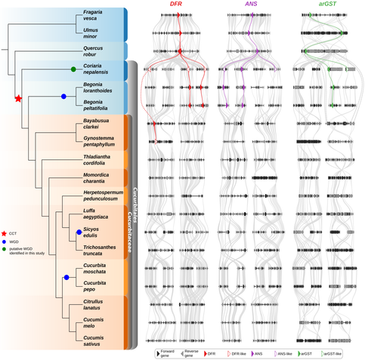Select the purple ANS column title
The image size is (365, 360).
pos(252,5)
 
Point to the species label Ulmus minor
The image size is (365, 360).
pos(92,33)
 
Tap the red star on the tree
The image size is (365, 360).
pos(19,98)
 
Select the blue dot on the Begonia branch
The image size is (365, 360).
pos(63,97)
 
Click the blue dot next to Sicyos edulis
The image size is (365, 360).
pos(78,232)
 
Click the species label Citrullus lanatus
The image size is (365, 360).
pos(95,305)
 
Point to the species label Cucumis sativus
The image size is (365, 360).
pos(94,339)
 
